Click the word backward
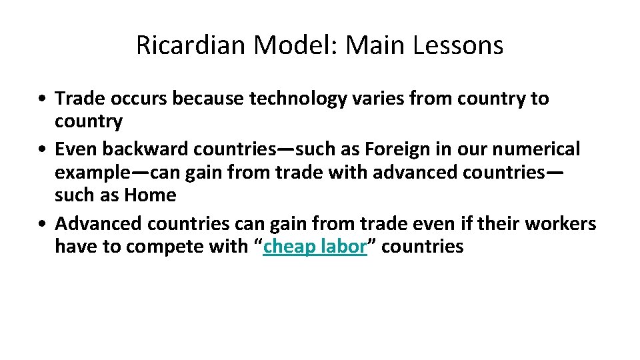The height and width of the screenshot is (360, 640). click(x=141, y=148)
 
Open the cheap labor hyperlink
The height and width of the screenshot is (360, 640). click(x=315, y=247)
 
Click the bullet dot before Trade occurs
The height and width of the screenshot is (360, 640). click(x=42, y=99)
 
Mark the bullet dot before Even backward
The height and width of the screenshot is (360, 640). click(x=42, y=148)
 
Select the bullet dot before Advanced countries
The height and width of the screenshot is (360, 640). click(x=42, y=223)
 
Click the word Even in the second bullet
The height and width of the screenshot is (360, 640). click(x=72, y=148)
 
